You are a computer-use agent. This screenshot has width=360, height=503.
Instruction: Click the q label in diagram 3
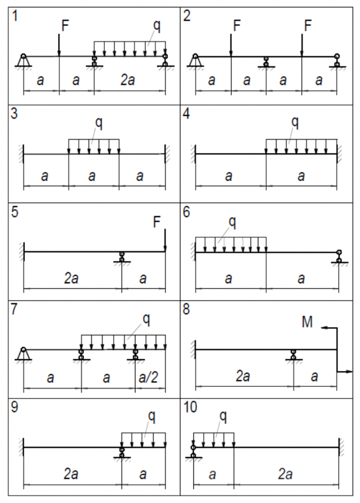click(x=99, y=123)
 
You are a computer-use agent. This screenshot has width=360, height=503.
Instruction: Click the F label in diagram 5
click(x=157, y=221)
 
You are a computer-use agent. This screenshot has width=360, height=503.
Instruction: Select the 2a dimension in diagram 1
click(x=128, y=80)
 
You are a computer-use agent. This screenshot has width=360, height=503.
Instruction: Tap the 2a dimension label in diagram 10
click(x=285, y=474)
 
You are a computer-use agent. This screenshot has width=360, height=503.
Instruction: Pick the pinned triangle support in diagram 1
click(x=23, y=60)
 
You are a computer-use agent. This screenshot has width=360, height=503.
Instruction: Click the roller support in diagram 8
click(x=293, y=355)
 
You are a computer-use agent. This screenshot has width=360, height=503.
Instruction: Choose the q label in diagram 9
click(x=152, y=415)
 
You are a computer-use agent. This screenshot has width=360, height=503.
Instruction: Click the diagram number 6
click(x=187, y=212)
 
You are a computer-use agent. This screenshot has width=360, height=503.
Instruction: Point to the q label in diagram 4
click(x=295, y=122)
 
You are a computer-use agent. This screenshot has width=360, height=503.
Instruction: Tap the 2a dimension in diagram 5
click(x=70, y=279)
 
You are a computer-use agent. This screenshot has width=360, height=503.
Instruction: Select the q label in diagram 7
click(x=146, y=318)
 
